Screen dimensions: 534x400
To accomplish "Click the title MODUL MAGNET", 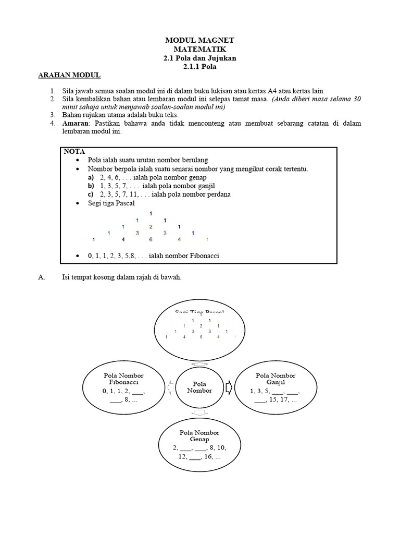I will coord(200,40).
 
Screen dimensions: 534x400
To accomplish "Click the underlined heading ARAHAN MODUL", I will coord(69,76).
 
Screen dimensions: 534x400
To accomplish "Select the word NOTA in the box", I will coord(74,151).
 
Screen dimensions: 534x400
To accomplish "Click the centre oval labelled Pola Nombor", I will coord(199,387).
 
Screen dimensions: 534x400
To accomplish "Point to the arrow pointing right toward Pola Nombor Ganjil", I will coord(230,387).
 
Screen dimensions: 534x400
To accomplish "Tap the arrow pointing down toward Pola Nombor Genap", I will coord(199,413).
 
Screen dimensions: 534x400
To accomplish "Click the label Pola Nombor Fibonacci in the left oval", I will coord(123,379).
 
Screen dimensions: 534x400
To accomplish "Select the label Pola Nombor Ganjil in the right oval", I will coord(276,379).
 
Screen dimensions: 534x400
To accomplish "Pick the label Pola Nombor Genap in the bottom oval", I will coord(199,436).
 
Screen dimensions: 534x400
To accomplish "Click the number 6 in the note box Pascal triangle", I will coord(150,240).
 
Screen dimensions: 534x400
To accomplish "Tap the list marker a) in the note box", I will coord(91,177).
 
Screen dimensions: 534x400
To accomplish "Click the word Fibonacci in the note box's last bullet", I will coord(202,256).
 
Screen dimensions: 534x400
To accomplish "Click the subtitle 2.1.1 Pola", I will coord(200,67).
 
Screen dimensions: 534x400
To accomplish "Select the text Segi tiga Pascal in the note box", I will coord(111,203).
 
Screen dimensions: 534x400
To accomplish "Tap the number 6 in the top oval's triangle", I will coord(201,337).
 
